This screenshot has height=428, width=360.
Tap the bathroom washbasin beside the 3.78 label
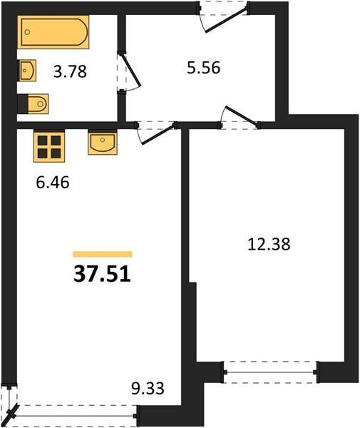pyautogui.click(x=27, y=71)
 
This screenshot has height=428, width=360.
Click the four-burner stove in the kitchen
pyautogui.click(x=49, y=146)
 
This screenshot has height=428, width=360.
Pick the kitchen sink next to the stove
pyautogui.click(x=103, y=143)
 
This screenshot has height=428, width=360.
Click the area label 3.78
pyautogui.click(x=70, y=71)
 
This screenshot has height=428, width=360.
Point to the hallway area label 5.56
pyautogui.click(x=203, y=68)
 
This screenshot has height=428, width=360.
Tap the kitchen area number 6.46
pyautogui.click(x=53, y=183)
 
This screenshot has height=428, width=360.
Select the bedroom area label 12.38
pyautogui.click(x=269, y=244)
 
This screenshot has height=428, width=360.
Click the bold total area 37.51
pyautogui.click(x=102, y=274)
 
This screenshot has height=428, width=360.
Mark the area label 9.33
pyautogui.click(x=148, y=388)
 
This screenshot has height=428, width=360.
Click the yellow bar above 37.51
pyautogui.click(x=103, y=254)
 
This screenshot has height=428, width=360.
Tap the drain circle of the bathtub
pyautogui.click(x=27, y=32)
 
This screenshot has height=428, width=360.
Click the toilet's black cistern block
pyautogui.click(x=23, y=103)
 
